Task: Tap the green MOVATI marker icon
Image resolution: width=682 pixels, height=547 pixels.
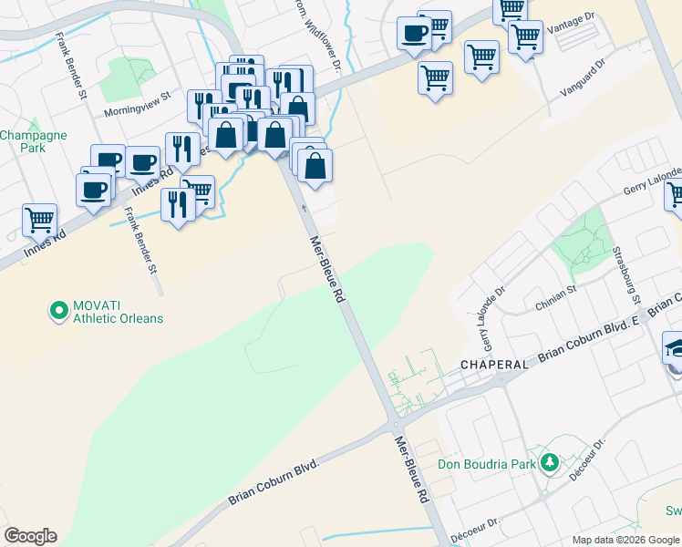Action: [x=59, y=312]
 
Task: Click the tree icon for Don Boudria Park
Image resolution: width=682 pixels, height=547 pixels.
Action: [x=550, y=463]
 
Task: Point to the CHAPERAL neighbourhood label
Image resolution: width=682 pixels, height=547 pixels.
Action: [x=494, y=364]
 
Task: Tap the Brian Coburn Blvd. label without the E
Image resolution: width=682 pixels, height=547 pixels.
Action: [x=276, y=480]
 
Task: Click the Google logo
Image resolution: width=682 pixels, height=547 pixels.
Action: [x=29, y=536]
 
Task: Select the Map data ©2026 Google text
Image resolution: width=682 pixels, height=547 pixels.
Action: [x=625, y=540]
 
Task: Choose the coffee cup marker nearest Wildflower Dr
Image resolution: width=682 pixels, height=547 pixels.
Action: [x=414, y=35]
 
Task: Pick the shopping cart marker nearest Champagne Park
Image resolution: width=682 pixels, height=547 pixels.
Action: [x=39, y=220]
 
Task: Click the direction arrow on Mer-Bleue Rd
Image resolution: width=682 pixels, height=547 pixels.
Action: [x=304, y=209]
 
